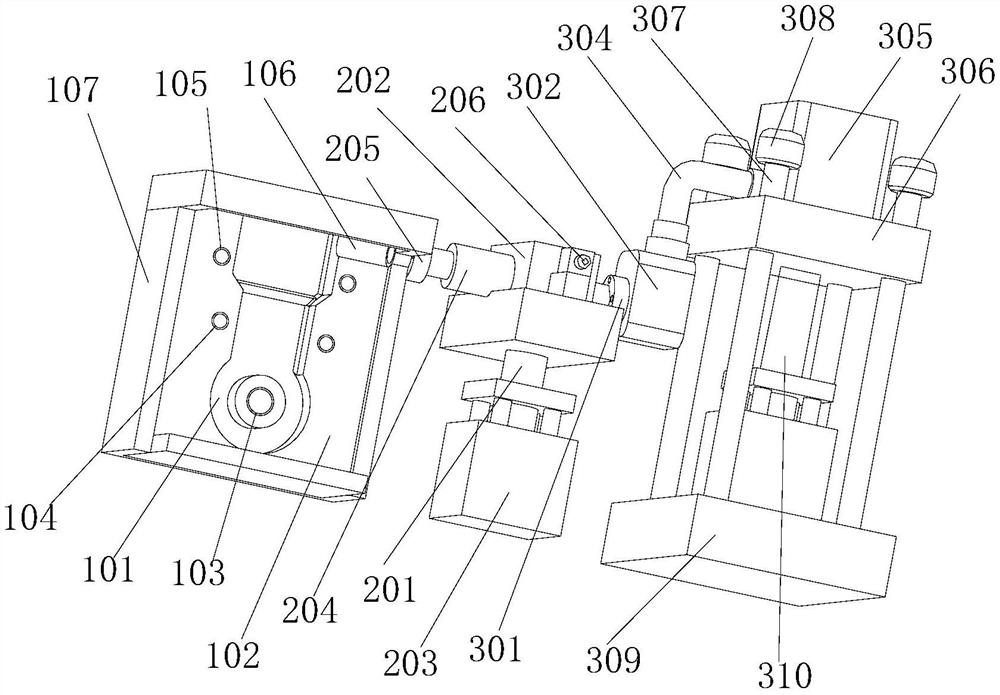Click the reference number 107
click(72, 91)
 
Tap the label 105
click(183, 84)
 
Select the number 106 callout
click(270, 74)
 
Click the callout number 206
click(458, 100)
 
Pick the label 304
click(585, 39)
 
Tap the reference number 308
click(808, 18)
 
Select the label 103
click(198, 571)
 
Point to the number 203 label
click(410, 662)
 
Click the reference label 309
click(614, 659)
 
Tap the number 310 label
click(786, 675)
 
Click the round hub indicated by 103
click(260, 402)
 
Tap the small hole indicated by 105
click(222, 255)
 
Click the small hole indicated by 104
click(221, 321)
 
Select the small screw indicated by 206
click(582, 260)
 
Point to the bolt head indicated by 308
click(780, 146)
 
